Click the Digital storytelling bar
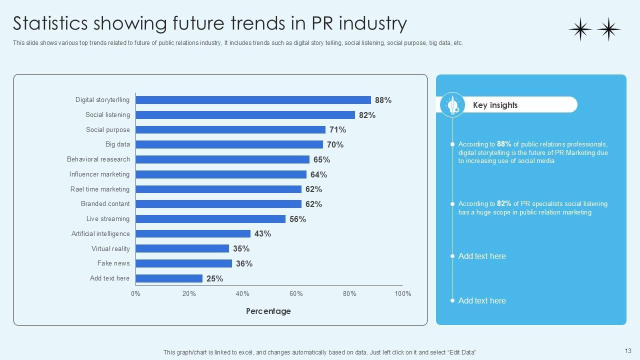tap(253, 100)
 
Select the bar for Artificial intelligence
tap(193, 233)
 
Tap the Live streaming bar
tap(210, 219)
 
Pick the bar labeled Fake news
tap(183, 263)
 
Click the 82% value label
tap(367, 115)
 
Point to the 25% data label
tap(214, 278)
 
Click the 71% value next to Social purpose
tap(337, 129)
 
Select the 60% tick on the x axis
tap(296, 293)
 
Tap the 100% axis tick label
tap(402, 293)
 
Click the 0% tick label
tap(135, 293)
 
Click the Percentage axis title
tap(268, 311)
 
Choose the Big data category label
tap(117, 144)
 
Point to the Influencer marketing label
tap(99, 174)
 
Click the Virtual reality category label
tap(110, 248)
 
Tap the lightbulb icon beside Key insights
tap(453, 105)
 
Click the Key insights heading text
tap(495, 105)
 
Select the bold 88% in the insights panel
tap(504, 144)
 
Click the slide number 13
tap(628, 351)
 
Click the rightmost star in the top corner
tap(608, 29)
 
